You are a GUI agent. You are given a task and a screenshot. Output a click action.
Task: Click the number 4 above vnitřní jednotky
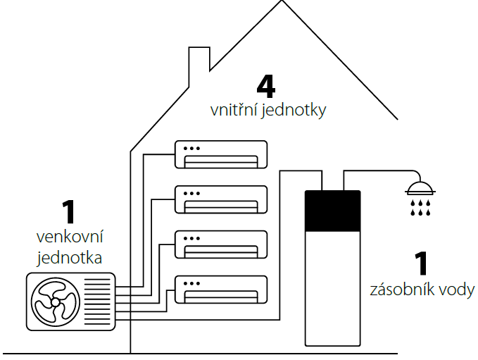(x=265, y=86)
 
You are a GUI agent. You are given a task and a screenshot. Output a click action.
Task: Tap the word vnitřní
(x=234, y=111)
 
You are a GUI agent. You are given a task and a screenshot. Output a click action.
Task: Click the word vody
(x=458, y=290)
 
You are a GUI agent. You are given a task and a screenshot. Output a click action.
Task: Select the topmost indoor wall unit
(x=221, y=154)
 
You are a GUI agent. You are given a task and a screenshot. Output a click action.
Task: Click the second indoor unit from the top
(x=221, y=199)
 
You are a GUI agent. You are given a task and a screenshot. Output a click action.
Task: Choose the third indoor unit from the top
(x=221, y=244)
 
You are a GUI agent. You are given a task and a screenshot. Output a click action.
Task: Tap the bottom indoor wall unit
(x=221, y=288)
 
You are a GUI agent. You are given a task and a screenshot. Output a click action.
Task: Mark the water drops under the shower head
(x=420, y=208)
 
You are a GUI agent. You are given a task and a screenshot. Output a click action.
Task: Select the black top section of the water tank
(x=332, y=211)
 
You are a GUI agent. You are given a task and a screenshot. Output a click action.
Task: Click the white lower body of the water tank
(x=332, y=289)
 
